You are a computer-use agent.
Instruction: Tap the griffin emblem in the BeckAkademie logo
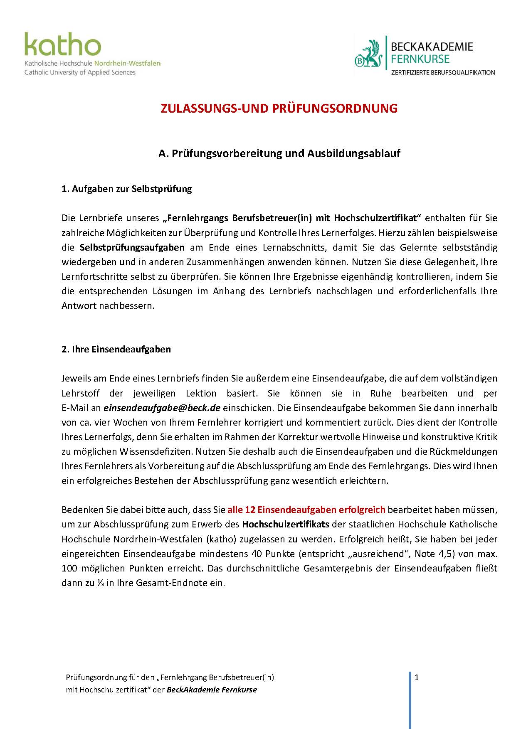point(368,54)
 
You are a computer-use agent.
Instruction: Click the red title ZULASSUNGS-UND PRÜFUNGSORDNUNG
point(279,108)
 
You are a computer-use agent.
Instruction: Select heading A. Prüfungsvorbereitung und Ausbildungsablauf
point(279,153)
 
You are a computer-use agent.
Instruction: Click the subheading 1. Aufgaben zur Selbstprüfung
point(126,189)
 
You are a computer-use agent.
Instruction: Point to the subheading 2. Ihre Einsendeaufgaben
point(116,349)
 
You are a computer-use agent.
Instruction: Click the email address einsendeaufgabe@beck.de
point(162,408)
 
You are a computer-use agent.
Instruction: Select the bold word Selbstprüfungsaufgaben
point(132,247)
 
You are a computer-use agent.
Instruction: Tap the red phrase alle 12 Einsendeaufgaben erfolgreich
point(306,510)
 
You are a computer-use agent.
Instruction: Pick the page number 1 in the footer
point(417,677)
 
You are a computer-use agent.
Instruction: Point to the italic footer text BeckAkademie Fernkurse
point(212,690)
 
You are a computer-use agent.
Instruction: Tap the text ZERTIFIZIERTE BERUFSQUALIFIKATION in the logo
point(443,72)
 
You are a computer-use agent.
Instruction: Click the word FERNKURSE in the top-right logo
point(420,59)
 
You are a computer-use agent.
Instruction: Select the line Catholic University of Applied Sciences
point(80,72)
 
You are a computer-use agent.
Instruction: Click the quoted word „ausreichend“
point(379,554)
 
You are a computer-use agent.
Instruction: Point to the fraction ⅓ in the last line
point(100,583)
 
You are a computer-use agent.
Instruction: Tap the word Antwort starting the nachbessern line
point(79,305)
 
